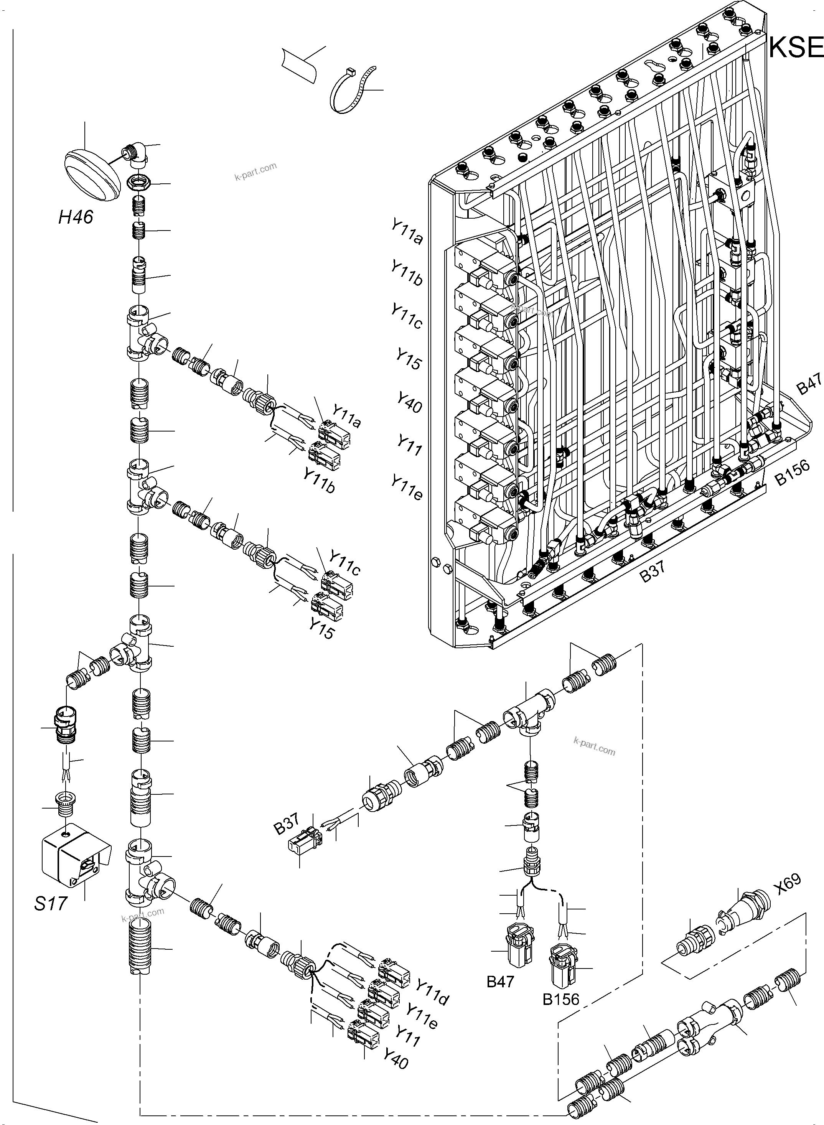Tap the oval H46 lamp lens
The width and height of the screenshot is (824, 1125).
[x=93, y=174]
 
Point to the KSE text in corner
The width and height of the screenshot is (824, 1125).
[x=795, y=48]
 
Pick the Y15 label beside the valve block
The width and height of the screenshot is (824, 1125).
[x=409, y=359]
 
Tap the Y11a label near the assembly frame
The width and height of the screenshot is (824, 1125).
[x=407, y=232]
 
